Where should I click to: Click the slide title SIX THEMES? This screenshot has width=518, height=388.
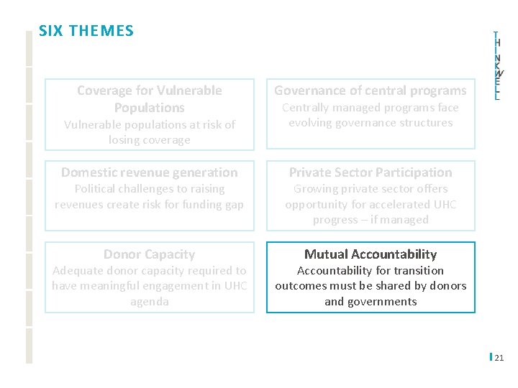[86, 31]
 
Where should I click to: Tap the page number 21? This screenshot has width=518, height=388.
[499, 357]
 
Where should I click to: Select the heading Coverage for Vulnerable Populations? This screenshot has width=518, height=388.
[150, 99]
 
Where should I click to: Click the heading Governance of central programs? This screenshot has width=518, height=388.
[371, 91]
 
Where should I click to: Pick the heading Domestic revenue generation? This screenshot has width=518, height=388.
[150, 172]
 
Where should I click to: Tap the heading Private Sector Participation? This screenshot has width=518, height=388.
[371, 172]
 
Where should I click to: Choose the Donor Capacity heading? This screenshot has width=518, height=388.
[150, 254]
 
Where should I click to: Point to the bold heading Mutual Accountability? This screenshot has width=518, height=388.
[371, 254]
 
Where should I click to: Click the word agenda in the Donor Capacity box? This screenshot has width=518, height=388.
[150, 302]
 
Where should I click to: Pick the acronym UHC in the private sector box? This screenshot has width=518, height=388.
[443, 205]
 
